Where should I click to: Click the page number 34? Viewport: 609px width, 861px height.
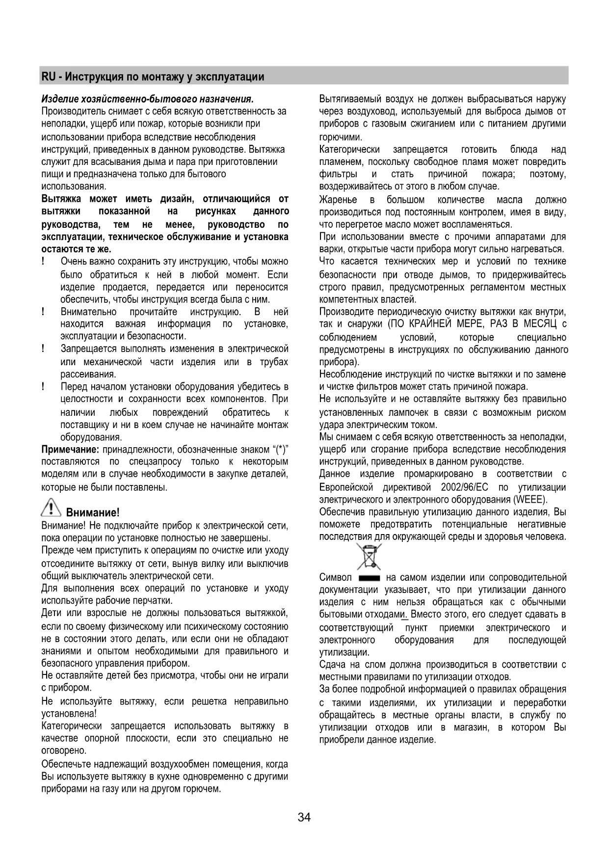[x=304, y=817]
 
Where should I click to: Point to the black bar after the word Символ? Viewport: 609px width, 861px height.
[x=369, y=578]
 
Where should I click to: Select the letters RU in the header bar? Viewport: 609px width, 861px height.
[x=48, y=77]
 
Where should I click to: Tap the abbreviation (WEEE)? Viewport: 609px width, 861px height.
[x=530, y=500]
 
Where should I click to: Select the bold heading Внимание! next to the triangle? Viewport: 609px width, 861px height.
[x=93, y=513]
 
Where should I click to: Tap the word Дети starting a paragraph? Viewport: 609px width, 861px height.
[x=52, y=613]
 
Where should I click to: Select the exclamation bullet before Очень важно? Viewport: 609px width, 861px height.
[x=44, y=262]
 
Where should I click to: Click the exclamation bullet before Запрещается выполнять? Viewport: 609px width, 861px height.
[x=44, y=349]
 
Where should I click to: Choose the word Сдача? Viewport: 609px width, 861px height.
[x=333, y=665]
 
